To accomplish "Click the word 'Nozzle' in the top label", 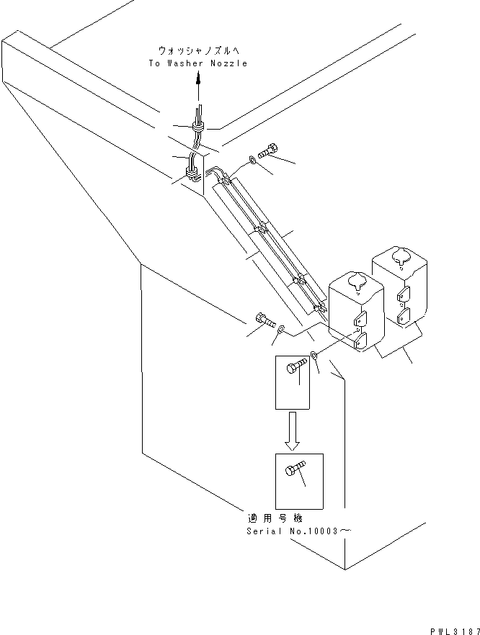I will [230, 63].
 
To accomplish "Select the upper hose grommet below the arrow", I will [197, 127].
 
